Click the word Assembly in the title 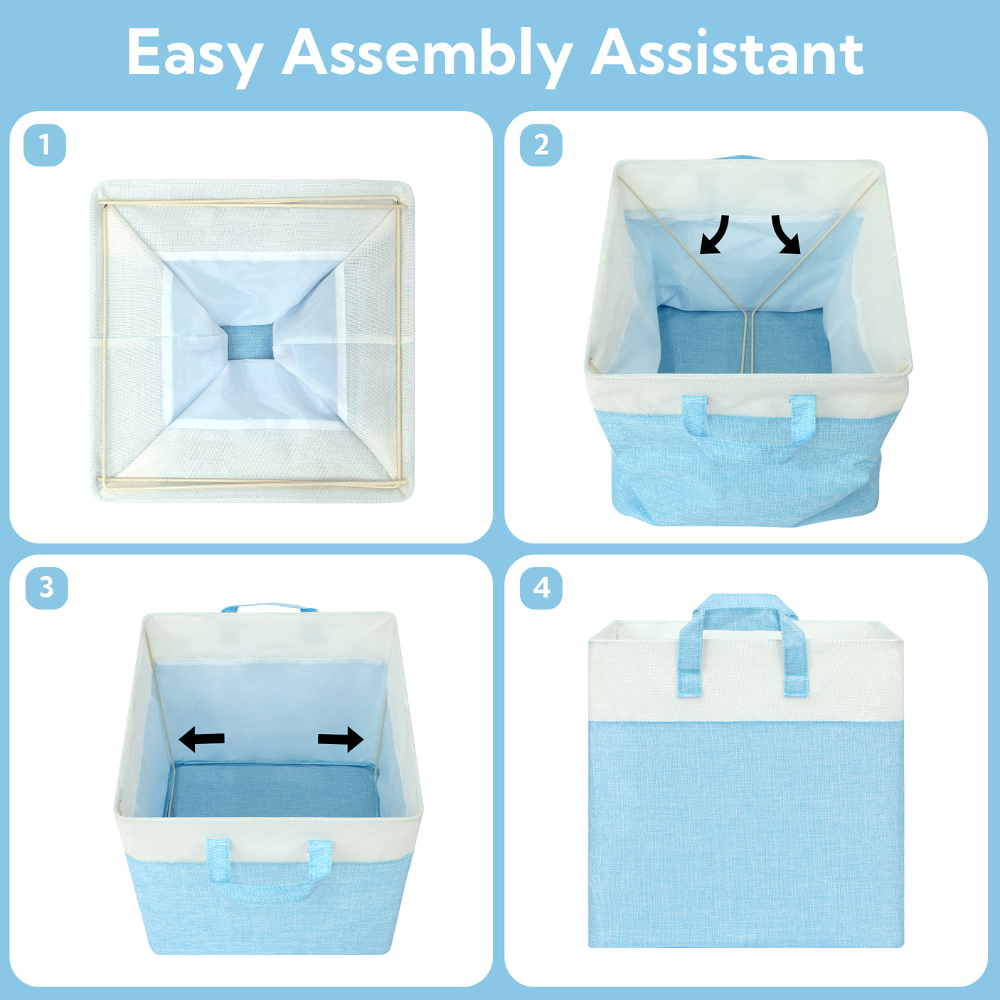tap(427, 56)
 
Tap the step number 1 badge tap(45, 145)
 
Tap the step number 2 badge tap(541, 145)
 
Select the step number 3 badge tap(47, 588)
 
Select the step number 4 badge tap(541, 588)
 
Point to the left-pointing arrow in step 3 tap(201, 739)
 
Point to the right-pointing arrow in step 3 tap(341, 739)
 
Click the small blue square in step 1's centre tap(250, 342)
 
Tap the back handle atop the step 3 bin tap(269, 607)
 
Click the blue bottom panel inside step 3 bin tap(275, 789)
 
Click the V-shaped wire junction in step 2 tap(748, 312)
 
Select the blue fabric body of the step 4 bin tap(746, 833)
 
